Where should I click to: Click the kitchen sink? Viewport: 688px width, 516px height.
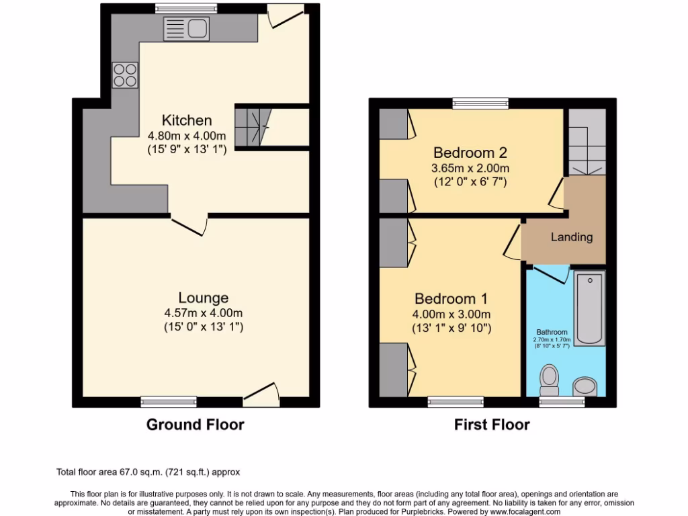coord(187,29)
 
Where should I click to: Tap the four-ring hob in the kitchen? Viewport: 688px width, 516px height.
coord(125,75)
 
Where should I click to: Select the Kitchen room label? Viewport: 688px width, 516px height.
coord(187,121)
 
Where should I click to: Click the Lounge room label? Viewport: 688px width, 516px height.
coord(203,298)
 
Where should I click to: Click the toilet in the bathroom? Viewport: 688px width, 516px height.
coord(550,380)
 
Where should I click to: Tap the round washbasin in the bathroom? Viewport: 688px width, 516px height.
coord(585,386)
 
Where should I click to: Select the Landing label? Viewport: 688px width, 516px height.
coord(572,237)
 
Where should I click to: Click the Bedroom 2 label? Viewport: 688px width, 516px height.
coord(470,152)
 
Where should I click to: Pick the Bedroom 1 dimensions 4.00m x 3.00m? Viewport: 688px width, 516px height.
coord(451,314)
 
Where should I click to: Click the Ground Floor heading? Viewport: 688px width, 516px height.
coord(195,425)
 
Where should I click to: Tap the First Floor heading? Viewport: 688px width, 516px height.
coord(492,425)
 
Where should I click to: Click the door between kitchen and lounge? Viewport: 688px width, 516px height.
coord(190,225)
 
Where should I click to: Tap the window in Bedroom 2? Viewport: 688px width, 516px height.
coord(480,103)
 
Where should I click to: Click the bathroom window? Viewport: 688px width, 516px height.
coord(562,402)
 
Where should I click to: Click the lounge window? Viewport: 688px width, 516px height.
coord(169,402)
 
